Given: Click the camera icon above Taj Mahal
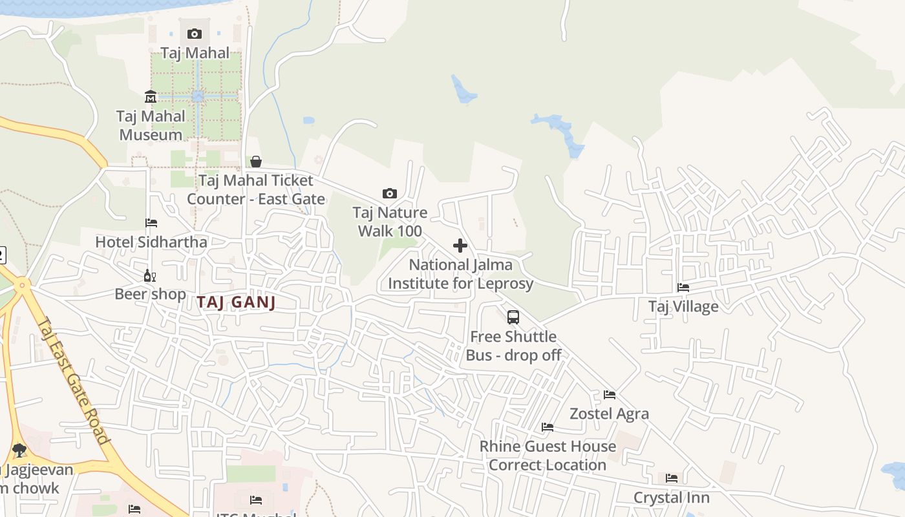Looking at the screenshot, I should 194,34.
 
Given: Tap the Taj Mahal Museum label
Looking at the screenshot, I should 151,125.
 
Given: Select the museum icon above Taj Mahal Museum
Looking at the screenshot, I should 151,97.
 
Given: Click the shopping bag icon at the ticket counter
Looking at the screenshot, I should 256,161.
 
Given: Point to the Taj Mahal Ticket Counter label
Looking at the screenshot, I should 256,189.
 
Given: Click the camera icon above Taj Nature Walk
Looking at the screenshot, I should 389,193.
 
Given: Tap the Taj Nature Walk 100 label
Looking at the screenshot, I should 390,222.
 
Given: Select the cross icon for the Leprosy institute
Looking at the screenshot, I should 460,246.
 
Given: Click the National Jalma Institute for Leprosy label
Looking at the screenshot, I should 460,274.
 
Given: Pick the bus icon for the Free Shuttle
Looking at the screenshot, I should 513,317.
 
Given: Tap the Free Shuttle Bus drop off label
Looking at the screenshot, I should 513,346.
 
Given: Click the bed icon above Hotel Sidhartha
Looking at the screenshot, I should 151,223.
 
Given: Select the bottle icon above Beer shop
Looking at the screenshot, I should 150,275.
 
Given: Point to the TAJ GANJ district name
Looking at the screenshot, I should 236,302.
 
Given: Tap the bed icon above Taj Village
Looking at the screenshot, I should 683,288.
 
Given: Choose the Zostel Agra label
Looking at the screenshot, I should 609,414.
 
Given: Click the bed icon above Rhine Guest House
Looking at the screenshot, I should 548,427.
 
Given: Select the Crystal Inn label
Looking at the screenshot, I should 672,498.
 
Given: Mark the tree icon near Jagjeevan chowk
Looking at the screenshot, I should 19,450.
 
